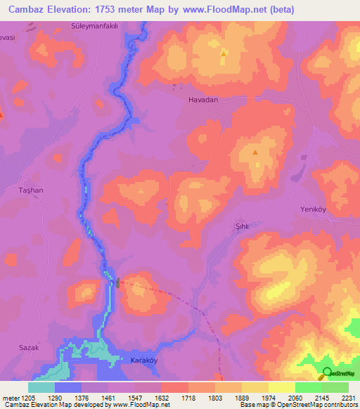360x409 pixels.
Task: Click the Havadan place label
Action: pos(203,100)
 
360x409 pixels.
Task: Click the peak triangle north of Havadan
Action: pos(224,53)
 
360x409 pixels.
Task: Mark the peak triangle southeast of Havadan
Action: pos(255,151)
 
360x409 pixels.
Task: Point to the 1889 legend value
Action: pos(241,398)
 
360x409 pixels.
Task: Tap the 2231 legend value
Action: pos(348,398)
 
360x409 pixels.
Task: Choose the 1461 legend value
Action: pos(108,398)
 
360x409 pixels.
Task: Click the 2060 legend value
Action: pos(295,398)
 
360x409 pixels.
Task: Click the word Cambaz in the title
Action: pos(27,9)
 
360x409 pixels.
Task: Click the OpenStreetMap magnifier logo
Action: pos(327,373)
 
